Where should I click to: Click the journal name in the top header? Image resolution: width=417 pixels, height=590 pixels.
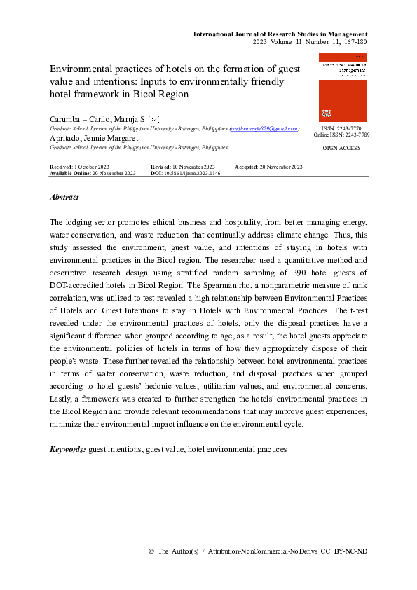[x=280, y=34]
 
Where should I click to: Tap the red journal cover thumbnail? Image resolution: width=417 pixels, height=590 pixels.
[x=343, y=88]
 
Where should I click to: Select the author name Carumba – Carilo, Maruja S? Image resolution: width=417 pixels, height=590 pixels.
[x=98, y=120]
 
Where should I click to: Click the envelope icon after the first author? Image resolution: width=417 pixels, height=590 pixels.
[x=154, y=120]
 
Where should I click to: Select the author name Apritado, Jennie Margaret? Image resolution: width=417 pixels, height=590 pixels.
[x=94, y=139]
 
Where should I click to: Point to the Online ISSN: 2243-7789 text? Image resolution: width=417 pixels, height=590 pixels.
[x=341, y=135]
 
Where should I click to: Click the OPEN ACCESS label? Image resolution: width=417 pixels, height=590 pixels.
[x=341, y=149]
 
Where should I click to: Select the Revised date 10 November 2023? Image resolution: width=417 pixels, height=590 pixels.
[x=191, y=167]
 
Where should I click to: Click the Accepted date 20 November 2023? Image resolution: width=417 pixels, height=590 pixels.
[x=280, y=167]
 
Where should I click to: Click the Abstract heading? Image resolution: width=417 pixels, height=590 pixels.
[x=64, y=198]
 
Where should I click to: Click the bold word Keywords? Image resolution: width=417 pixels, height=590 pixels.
[x=68, y=449]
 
